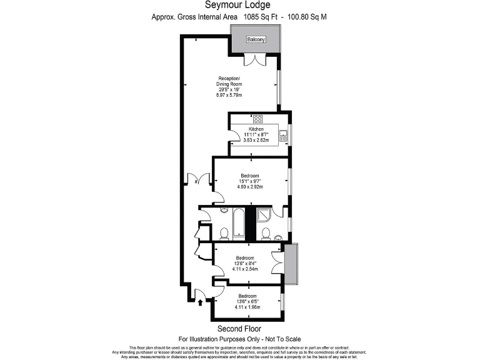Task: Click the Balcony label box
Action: pyautogui.click(x=256, y=40)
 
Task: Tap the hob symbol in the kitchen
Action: pyautogui.click(x=257, y=119)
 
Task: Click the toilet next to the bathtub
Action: pyautogui.click(x=223, y=234)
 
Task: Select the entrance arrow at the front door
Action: pyautogui.click(x=200, y=303)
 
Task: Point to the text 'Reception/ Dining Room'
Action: pyautogui.click(x=226, y=81)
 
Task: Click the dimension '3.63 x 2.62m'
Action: pyautogui.click(x=256, y=140)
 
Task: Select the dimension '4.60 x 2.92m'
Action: pyautogui.click(x=250, y=187)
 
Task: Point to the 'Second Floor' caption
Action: pyautogui.click(x=239, y=329)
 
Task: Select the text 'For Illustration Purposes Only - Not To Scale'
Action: pyautogui.click(x=239, y=339)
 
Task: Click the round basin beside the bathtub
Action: pyautogui.click(x=224, y=211)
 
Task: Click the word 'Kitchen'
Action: pyautogui.click(x=256, y=129)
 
